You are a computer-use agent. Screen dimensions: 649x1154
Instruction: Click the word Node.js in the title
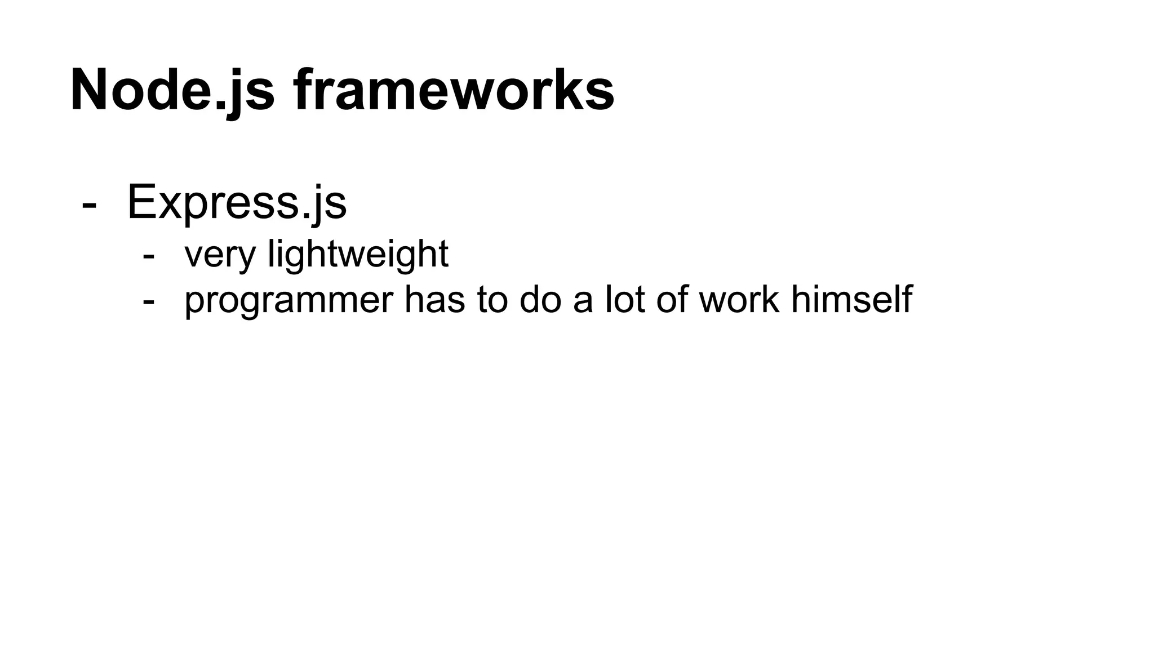click(172, 90)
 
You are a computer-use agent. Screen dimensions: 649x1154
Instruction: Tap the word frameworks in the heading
click(454, 90)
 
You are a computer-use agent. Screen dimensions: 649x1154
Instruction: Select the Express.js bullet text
click(237, 202)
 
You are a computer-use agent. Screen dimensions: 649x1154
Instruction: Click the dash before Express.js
click(88, 204)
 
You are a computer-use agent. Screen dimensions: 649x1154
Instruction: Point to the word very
click(220, 255)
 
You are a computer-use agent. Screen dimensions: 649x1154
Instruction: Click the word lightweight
click(358, 255)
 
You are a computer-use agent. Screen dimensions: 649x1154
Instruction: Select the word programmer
click(288, 300)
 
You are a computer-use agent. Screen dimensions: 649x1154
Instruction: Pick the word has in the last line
click(434, 300)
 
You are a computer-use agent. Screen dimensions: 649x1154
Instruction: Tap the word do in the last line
click(540, 300)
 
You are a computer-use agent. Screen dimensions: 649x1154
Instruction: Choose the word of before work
click(672, 300)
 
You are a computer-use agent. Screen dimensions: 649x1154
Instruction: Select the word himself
click(851, 300)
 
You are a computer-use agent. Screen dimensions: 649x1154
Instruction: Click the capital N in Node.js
click(90, 90)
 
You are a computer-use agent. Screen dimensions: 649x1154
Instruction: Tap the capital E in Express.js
click(141, 202)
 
